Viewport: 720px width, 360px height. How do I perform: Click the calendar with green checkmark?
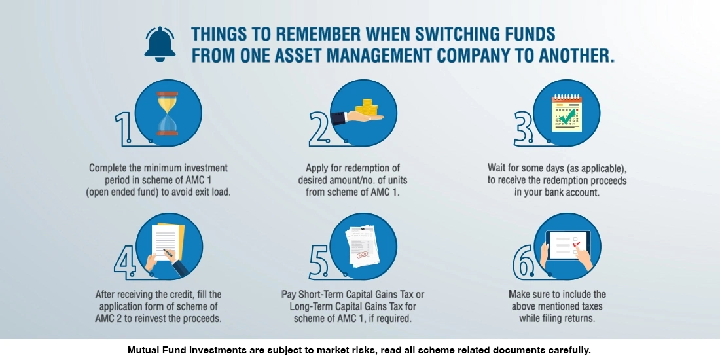point(566,113)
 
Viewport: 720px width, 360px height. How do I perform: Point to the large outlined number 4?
point(125,262)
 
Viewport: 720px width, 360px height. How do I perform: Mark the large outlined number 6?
point(524,262)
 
